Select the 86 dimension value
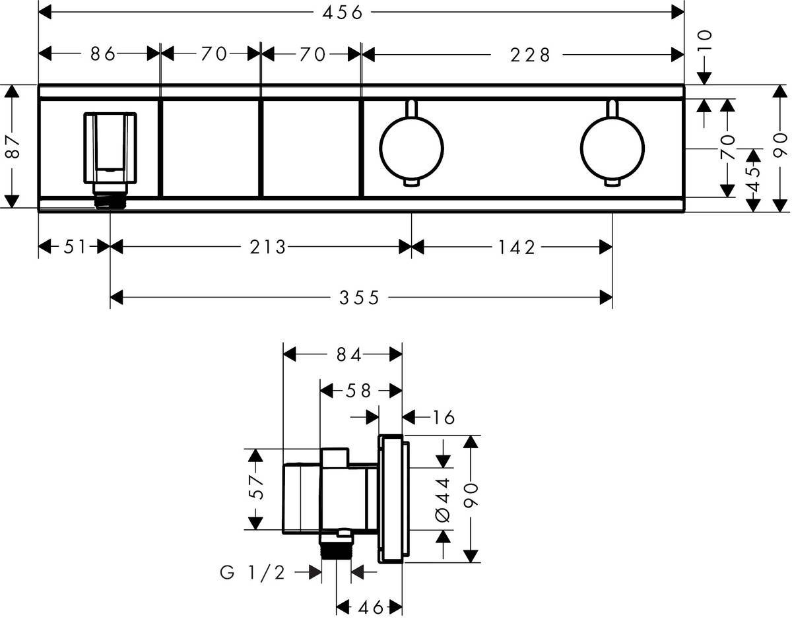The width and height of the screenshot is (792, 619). pyautogui.click(x=104, y=54)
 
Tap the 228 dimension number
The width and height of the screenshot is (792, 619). pyautogui.click(x=529, y=55)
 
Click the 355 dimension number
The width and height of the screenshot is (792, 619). pyautogui.click(x=360, y=298)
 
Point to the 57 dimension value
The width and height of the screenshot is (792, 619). pyautogui.click(x=255, y=488)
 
